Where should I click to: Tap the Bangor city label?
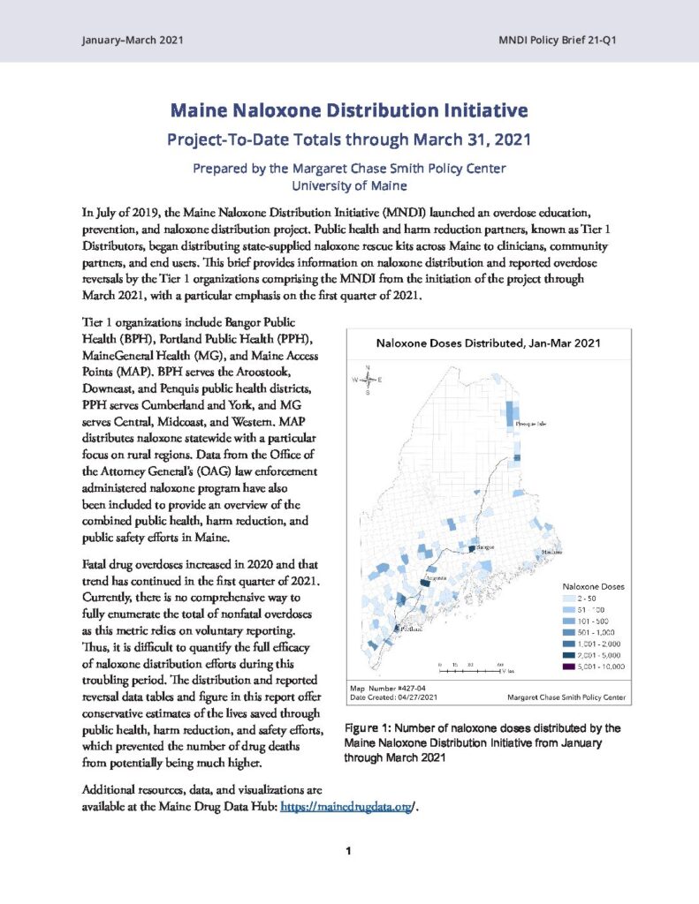click(x=485, y=548)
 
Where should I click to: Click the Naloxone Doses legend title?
click(x=594, y=585)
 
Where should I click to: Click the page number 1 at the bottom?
click(x=349, y=851)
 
